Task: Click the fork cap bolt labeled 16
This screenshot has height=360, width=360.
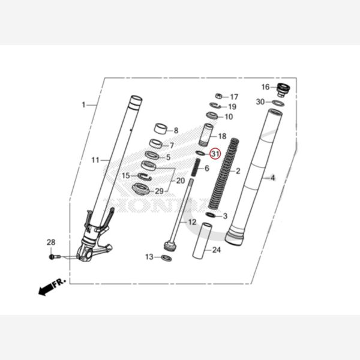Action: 283,90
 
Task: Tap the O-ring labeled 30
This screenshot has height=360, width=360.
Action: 278,103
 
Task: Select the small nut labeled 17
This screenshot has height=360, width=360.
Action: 220,96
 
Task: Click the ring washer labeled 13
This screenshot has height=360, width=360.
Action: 166,258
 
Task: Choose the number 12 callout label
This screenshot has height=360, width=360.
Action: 191,222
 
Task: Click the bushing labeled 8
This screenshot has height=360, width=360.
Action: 160,128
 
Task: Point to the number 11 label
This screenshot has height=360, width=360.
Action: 95,160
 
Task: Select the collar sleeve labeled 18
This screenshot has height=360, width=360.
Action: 207,135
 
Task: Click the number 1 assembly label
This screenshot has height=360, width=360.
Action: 83,105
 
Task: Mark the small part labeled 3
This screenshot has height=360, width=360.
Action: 211,215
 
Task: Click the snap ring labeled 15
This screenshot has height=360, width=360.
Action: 143,176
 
